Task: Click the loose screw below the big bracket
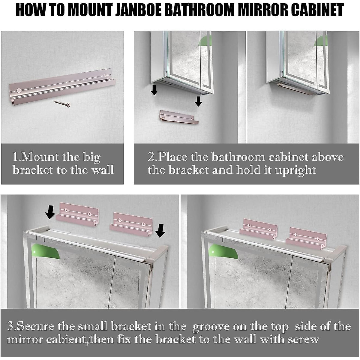pyautogui.click(x=62, y=103)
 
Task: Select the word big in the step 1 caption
pyautogui.click(x=92, y=157)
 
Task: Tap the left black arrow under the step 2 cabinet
pyautogui.click(x=154, y=90)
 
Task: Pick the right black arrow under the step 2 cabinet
pyautogui.click(x=198, y=101)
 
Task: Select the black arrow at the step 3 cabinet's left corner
pyautogui.click(x=50, y=212)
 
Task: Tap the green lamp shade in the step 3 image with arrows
pyautogui.click(x=45, y=251)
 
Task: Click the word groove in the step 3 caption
pyautogui.click(x=211, y=326)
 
